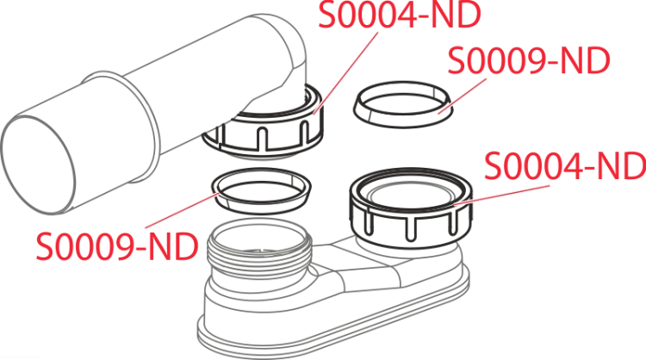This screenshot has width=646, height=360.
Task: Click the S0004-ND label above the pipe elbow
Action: point(400,15)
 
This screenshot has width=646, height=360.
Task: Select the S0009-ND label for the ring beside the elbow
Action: point(529,60)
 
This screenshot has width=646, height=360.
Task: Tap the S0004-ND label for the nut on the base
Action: point(565,165)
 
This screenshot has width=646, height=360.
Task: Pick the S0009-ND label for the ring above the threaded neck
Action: point(117,246)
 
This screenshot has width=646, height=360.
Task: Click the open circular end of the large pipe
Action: point(38,164)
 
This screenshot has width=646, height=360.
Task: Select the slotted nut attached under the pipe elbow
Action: point(263,127)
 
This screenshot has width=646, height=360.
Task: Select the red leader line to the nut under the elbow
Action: point(345,73)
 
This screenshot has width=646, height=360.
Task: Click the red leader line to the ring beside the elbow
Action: point(463,96)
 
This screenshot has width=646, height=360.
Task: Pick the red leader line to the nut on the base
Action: point(501,195)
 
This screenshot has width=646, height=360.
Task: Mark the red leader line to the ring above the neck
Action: point(181,210)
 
